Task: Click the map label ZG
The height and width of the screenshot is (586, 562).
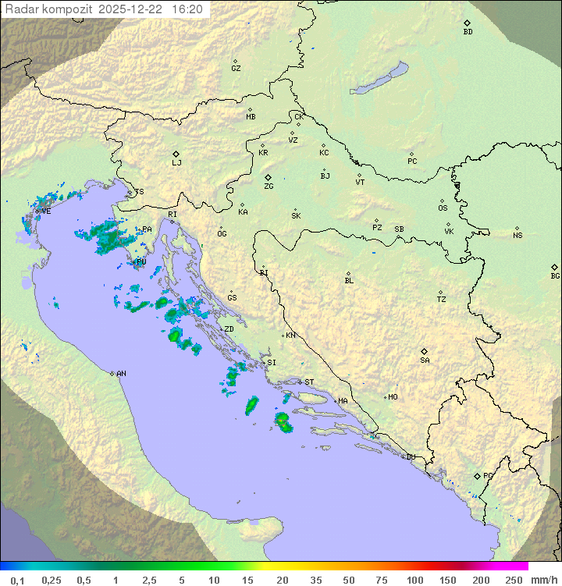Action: (269, 186)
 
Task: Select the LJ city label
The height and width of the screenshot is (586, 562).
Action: (176, 163)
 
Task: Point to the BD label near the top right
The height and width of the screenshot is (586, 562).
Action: (468, 32)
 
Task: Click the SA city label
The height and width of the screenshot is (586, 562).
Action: (425, 360)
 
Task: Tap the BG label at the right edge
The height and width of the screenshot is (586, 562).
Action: (555, 275)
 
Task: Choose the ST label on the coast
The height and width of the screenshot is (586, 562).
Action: (309, 382)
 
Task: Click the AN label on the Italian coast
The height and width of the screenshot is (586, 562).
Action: (121, 374)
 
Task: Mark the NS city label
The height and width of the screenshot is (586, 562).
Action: (518, 236)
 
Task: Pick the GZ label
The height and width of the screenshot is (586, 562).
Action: (236, 69)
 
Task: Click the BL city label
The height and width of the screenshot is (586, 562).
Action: (349, 281)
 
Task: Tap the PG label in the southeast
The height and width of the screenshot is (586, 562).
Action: (488, 475)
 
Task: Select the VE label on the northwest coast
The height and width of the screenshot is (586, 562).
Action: (46, 211)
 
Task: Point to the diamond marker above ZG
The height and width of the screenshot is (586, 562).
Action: (268, 177)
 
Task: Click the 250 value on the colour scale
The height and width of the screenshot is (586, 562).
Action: (513, 580)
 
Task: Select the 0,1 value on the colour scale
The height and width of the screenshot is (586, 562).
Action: (17, 580)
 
